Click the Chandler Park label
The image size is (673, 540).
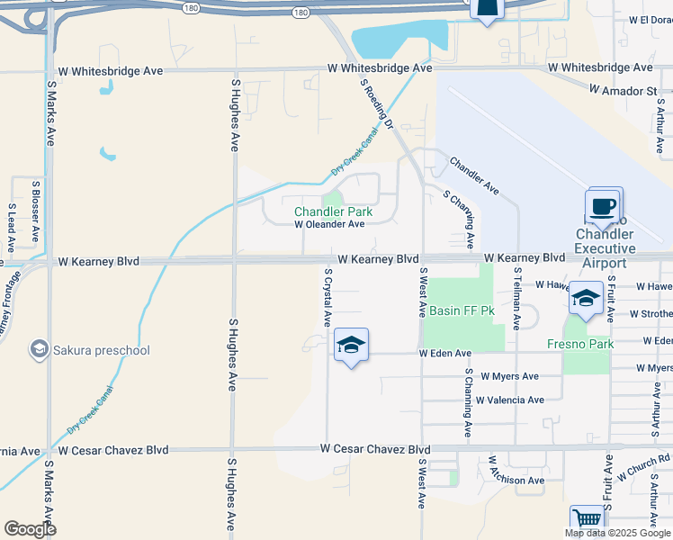point(334,211)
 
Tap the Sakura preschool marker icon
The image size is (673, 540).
point(39,348)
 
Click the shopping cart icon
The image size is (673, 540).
point(587,519)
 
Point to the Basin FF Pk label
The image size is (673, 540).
point(462,310)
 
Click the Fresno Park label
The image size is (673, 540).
point(580,345)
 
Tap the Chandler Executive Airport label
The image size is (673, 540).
point(605,248)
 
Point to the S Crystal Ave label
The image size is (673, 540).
point(328,297)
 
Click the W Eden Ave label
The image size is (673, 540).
point(444,354)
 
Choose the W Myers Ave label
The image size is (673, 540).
point(509,376)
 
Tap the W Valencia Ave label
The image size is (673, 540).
point(510,400)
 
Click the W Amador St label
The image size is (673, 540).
point(624,91)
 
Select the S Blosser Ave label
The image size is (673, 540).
point(35,210)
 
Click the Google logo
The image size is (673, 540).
point(30,529)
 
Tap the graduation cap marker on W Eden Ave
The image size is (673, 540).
point(351,345)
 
